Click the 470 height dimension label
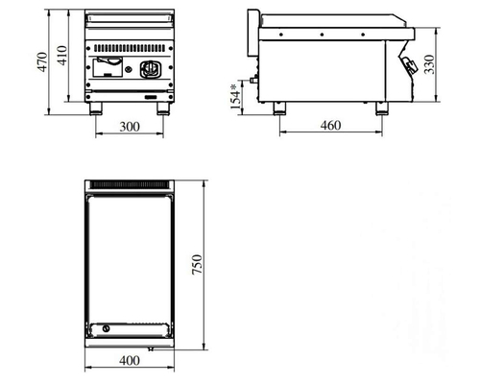tap(42, 61)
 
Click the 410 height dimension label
tap(61, 56)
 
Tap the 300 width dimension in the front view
tap(130, 127)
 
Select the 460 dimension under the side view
tap(330, 126)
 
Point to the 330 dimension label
tap(429, 64)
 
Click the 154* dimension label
tap(235, 96)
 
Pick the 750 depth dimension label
tap(197, 264)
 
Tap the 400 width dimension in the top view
tap(130, 361)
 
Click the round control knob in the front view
tap(151, 69)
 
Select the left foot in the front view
tap(96, 108)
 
